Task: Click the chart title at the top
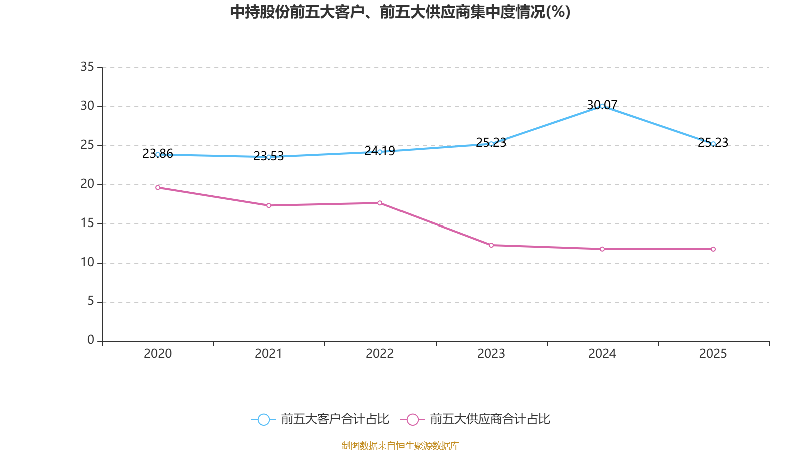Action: [400, 12]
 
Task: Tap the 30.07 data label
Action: [602, 105]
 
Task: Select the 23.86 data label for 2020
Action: [158, 153]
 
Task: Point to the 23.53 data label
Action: [268, 156]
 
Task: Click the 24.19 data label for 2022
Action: [380, 151]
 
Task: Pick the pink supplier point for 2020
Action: [158, 187]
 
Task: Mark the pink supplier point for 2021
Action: [269, 205]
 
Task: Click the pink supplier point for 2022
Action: [380, 203]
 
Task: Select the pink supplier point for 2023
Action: [491, 245]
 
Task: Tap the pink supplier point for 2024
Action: [602, 249]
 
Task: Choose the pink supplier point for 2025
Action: [713, 249]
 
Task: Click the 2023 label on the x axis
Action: [491, 354]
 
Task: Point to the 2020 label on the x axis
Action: [158, 354]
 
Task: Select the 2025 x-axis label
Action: [713, 354]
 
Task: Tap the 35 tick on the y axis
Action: [87, 67]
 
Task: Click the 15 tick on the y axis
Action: [87, 223]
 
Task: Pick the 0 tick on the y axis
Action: [91, 340]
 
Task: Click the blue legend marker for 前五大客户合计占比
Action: [264, 419]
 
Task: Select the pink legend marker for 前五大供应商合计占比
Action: [413, 419]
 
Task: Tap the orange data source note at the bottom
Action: [400, 445]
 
